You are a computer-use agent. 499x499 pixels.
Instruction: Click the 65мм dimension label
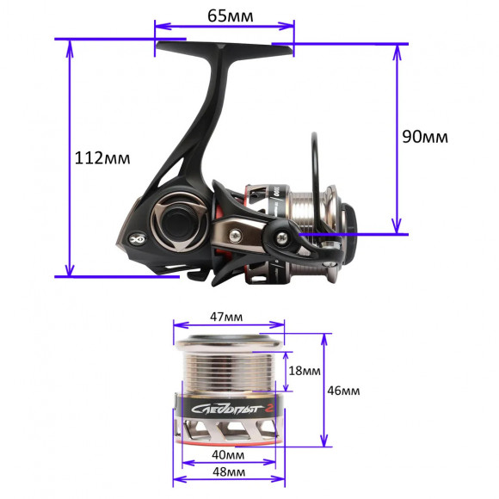pyautogui.click(x=231, y=15)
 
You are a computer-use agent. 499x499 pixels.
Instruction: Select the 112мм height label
pyautogui.click(x=102, y=157)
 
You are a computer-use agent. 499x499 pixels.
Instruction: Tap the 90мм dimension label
pyautogui.click(x=425, y=137)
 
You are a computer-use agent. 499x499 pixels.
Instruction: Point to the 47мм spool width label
pyautogui.click(x=226, y=317)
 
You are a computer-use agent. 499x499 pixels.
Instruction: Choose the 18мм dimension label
pyautogui.click(x=305, y=371)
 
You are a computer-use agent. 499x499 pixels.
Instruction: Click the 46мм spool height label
pyautogui.click(x=343, y=391)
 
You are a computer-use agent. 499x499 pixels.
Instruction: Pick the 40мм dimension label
pyautogui.click(x=228, y=455)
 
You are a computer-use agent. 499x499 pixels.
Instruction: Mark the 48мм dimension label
pyautogui.click(x=229, y=472)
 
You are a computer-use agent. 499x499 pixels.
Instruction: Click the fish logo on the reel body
pyautogui.click(x=138, y=238)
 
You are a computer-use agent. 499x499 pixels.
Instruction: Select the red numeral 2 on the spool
pyautogui.click(x=270, y=409)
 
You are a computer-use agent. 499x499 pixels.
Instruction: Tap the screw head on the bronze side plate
pyautogui.click(x=235, y=236)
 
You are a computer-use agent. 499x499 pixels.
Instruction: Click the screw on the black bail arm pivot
pyautogui.click(x=282, y=237)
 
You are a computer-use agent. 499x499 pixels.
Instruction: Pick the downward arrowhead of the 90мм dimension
pyautogui.click(x=397, y=225)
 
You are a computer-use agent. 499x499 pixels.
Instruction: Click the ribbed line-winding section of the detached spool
pyautogui.click(x=228, y=370)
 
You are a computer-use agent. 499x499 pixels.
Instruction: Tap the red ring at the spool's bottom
pyautogui.click(x=227, y=443)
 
